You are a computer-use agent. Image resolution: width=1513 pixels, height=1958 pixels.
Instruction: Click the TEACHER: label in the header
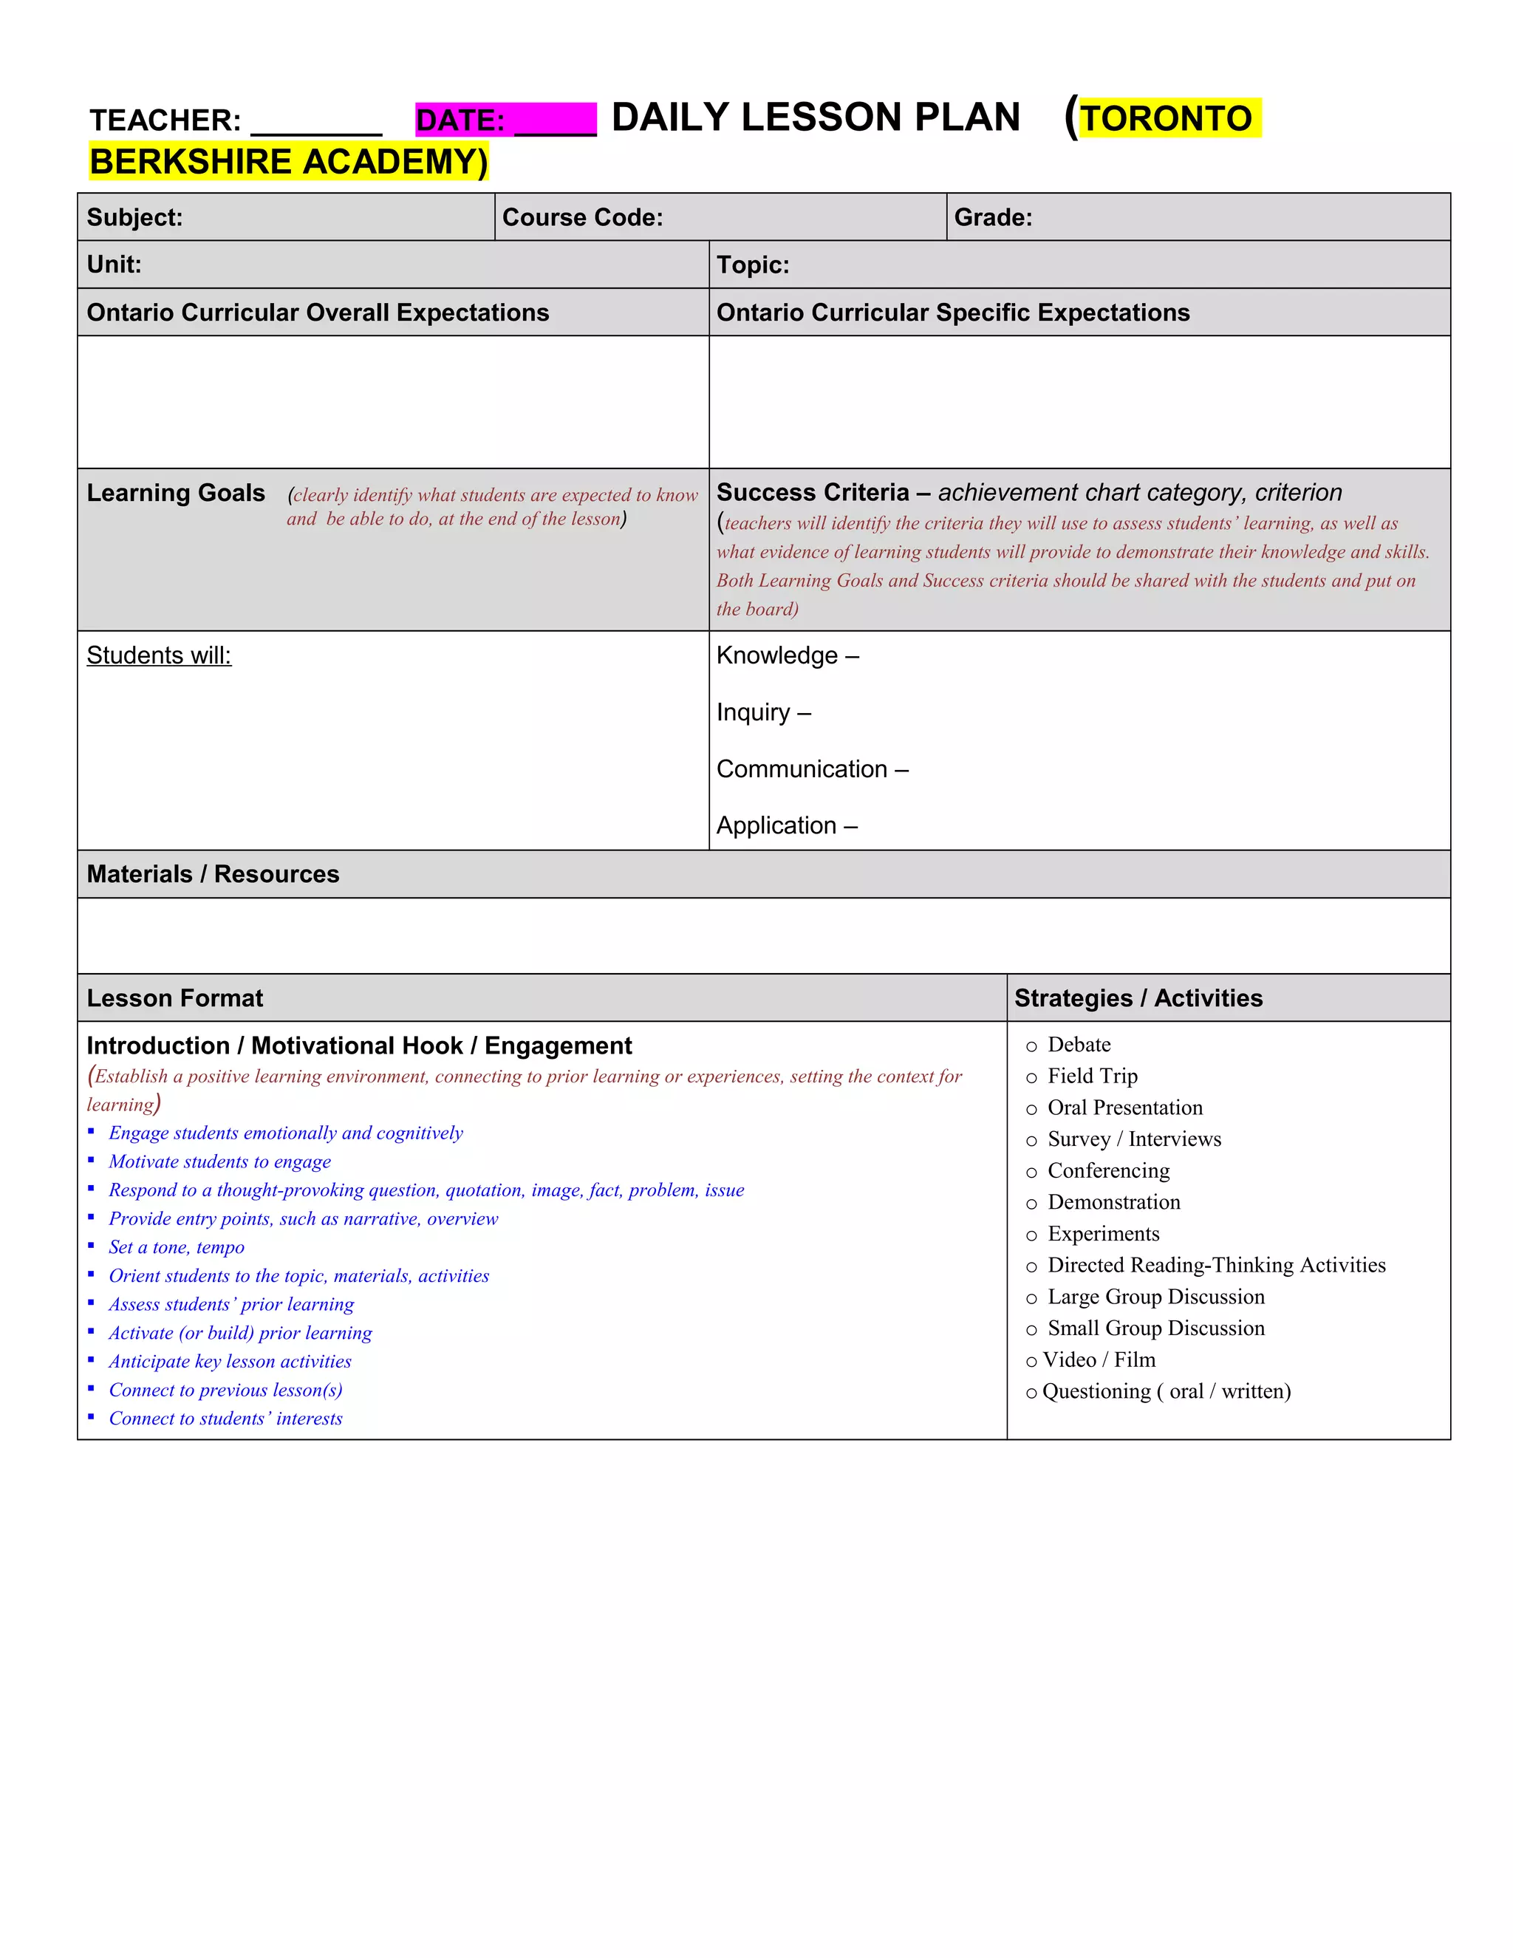click(165, 120)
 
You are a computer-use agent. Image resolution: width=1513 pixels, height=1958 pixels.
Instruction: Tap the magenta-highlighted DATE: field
click(505, 120)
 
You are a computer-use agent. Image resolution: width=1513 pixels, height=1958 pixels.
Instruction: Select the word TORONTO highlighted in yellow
click(1166, 118)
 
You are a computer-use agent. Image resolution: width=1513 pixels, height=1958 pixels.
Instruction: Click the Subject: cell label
click(134, 218)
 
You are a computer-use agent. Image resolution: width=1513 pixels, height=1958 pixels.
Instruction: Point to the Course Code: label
click(583, 218)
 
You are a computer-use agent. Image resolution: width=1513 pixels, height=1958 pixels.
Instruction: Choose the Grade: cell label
click(993, 218)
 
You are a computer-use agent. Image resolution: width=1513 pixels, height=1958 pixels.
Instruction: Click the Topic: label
click(753, 265)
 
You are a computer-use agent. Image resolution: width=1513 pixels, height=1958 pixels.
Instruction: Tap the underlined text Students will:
click(159, 655)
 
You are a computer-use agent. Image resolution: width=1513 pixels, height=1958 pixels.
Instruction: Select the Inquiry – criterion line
click(764, 713)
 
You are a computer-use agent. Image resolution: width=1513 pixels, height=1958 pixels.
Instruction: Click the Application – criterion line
click(787, 826)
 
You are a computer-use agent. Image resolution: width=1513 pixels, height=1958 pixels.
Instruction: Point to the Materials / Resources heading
click(214, 874)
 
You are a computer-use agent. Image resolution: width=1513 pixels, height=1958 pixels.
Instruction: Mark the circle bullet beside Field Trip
click(1031, 1077)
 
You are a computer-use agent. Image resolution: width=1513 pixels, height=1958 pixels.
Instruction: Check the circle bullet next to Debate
click(1031, 1046)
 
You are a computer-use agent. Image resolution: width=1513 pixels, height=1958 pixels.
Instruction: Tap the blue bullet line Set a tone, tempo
click(177, 1247)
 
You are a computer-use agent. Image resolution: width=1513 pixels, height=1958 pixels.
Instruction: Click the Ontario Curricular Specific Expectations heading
click(953, 313)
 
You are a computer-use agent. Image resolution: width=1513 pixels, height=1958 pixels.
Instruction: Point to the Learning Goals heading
click(176, 493)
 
